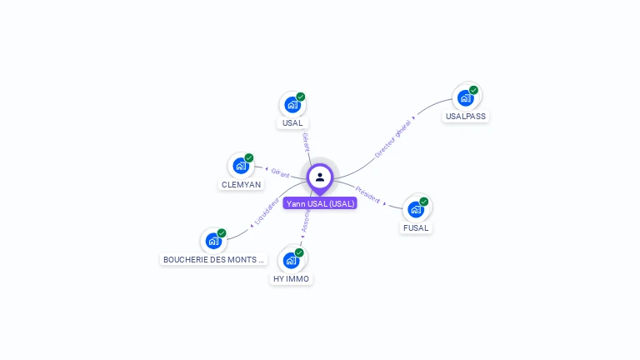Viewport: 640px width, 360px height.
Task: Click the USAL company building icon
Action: (x=292, y=105)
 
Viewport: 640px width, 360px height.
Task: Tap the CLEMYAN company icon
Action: (x=241, y=166)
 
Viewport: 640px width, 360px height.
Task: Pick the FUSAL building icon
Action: (x=416, y=209)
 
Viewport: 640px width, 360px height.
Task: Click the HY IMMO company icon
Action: (x=291, y=261)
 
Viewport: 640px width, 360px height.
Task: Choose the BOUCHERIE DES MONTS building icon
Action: (x=213, y=241)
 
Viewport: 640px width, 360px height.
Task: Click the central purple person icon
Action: (x=320, y=177)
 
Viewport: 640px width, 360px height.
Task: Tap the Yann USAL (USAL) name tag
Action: (x=320, y=203)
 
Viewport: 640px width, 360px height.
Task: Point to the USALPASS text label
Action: (x=465, y=117)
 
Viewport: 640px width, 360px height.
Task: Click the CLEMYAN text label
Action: (x=241, y=184)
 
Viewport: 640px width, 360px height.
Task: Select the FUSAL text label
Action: (x=416, y=227)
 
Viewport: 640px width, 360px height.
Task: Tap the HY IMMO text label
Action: (x=291, y=279)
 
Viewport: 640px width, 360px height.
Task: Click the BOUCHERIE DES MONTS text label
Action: (x=213, y=259)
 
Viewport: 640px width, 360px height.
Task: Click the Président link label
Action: (x=367, y=194)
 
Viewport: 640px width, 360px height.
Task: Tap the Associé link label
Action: (x=305, y=221)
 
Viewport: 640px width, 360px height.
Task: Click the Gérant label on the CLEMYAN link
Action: (x=280, y=172)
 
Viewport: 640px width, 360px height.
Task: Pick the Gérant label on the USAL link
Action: (x=306, y=141)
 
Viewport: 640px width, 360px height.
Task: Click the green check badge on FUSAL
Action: (x=424, y=202)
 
